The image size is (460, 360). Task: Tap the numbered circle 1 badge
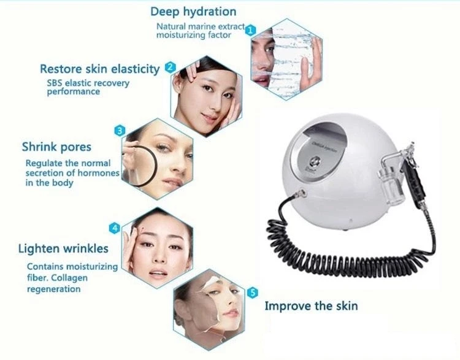pos(250,29)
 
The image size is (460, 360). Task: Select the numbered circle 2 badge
pos(170,67)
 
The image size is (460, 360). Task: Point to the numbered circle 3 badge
pos(120,130)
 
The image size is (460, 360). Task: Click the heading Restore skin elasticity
pos(99,68)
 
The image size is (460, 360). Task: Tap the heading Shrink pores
pos(56,147)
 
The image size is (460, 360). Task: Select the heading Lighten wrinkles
pos(65,249)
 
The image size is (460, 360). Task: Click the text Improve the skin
pos(311,305)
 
